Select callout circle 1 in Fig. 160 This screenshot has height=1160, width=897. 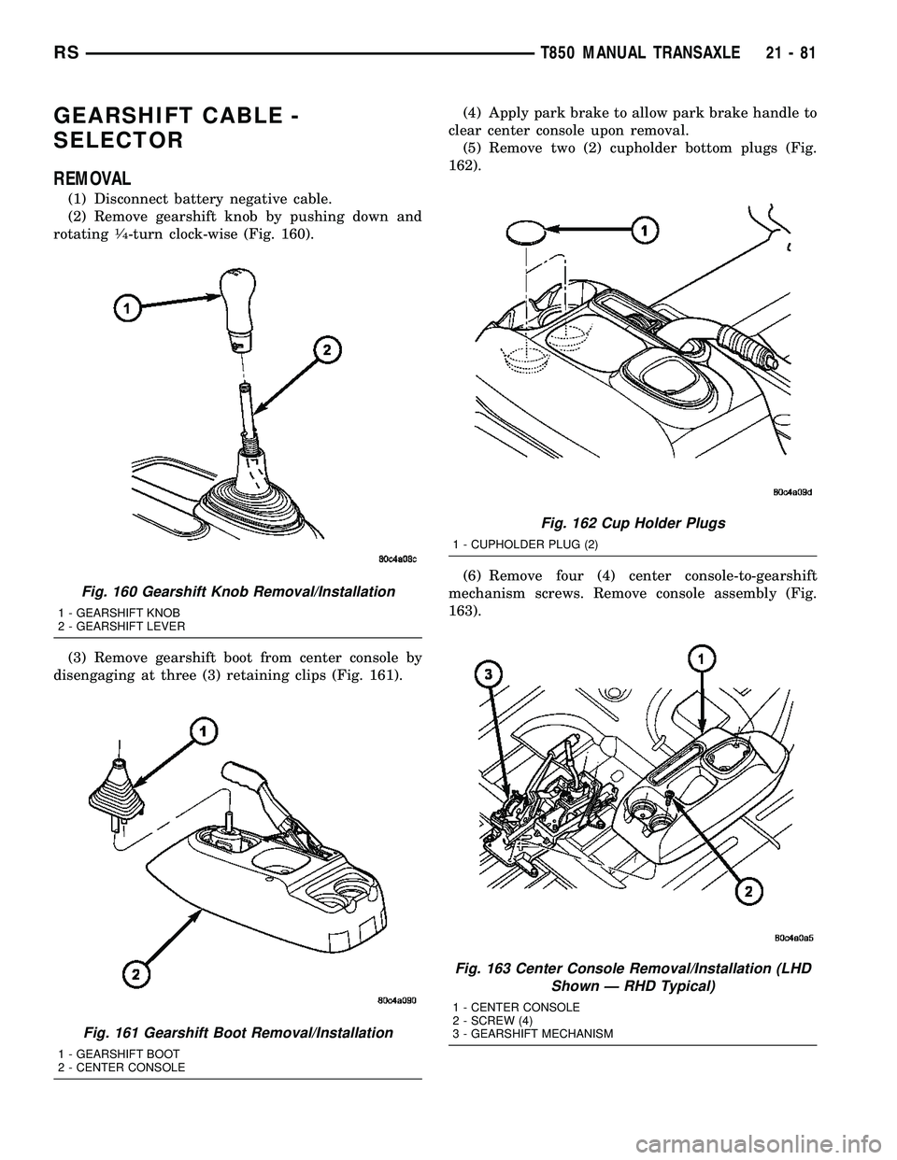pyautogui.click(x=128, y=307)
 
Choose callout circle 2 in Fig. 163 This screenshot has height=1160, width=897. pyautogui.click(x=747, y=894)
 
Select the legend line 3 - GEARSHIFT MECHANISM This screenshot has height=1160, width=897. pyautogui.click(x=533, y=1034)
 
